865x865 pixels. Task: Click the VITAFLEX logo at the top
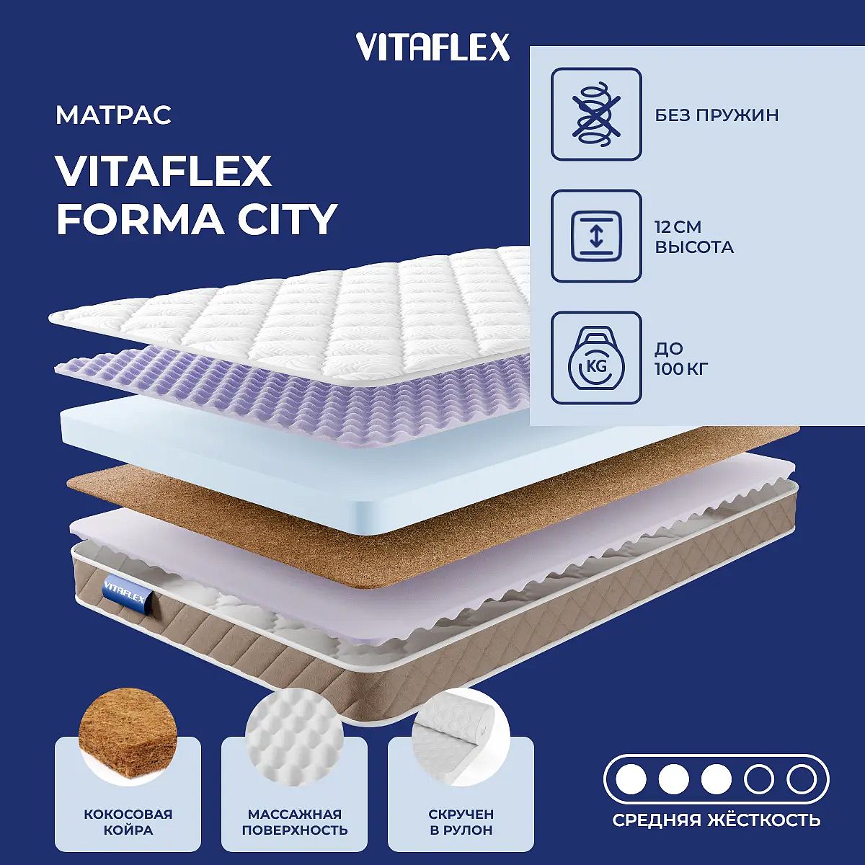432,47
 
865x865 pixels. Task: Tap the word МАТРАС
113,115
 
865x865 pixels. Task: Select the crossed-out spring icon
596,114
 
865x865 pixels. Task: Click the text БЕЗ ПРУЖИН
717,115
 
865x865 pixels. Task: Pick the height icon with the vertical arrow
596,236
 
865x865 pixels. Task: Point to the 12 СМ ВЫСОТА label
694,237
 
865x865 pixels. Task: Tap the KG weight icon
596,358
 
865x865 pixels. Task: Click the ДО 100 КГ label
681,359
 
